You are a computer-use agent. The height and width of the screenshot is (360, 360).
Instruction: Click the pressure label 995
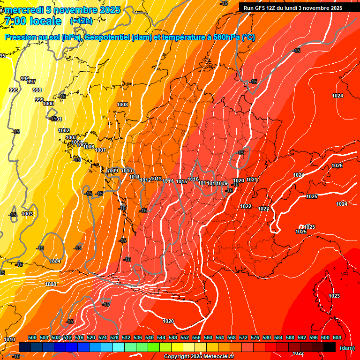coord(14,90)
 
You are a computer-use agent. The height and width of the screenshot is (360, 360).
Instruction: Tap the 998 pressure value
coord(37,90)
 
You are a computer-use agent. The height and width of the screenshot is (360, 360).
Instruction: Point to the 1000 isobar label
coord(48,104)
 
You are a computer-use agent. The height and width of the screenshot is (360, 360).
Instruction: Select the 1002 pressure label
coord(64,131)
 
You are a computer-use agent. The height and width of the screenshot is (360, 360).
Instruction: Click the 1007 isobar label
coord(100,150)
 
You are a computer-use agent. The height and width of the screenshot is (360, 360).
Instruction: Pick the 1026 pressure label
coord(337,166)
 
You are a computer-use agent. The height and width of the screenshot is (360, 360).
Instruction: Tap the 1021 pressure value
coord(252,180)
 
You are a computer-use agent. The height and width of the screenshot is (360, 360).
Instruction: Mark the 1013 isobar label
coord(157,179)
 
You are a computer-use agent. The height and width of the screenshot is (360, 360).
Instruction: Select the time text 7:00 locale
coord(32,21)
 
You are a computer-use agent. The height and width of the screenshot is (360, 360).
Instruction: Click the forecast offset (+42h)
coord(81,21)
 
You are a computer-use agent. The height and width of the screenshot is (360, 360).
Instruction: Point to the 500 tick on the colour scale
coord(32,337)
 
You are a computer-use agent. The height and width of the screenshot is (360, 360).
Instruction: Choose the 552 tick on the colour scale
coord(185,337)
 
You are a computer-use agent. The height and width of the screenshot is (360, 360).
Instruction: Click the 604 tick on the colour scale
coord(337,337)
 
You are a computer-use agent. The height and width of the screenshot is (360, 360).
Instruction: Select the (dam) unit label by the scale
coord(347,348)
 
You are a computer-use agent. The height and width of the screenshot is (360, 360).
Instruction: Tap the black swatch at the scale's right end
coord(330,347)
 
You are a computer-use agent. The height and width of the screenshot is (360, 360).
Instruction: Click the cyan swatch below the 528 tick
coord(119,347)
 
